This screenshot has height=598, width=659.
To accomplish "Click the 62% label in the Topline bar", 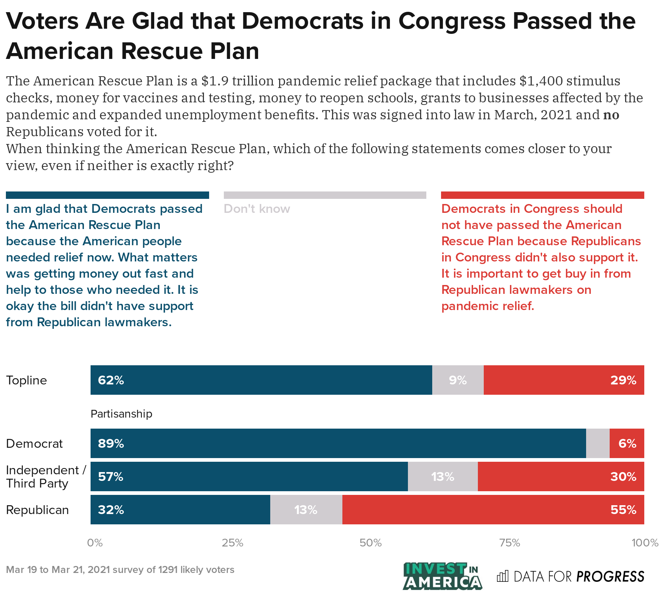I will click(111, 380).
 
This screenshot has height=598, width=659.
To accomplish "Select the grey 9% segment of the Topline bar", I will click(458, 380).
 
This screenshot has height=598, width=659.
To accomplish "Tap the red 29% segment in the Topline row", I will click(564, 380).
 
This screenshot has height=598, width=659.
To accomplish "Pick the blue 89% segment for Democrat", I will click(338, 443).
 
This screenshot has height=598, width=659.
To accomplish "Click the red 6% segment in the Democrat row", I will click(627, 443).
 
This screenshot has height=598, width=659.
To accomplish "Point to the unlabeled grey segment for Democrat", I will click(598, 443).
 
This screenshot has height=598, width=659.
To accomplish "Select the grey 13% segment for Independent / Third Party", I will click(443, 477).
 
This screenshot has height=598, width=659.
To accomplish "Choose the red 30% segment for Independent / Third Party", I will click(561, 477).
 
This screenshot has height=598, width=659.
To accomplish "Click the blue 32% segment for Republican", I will click(180, 510).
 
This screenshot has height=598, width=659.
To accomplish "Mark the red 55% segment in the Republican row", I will click(493, 510).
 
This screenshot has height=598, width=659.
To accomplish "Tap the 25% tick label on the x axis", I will click(232, 543).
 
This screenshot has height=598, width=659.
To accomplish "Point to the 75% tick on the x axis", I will click(509, 543).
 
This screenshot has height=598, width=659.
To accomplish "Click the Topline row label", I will click(27, 380).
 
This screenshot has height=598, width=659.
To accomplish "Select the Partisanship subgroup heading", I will click(121, 414).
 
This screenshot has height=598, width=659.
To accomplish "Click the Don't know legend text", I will click(257, 209).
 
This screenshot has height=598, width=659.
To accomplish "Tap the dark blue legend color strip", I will click(108, 195).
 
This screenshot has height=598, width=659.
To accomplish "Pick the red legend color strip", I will click(542, 195).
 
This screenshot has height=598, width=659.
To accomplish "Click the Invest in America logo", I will click(442, 576).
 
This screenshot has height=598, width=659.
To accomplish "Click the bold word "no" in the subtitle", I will click(611, 115).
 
